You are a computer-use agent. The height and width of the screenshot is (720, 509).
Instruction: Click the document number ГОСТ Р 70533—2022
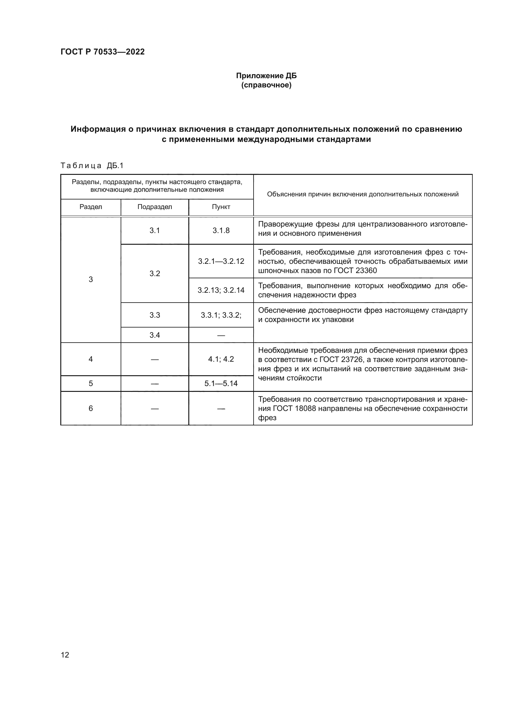pyautogui.click(x=102, y=52)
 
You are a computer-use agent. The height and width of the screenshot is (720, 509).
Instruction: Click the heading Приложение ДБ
pyautogui.click(x=266, y=76)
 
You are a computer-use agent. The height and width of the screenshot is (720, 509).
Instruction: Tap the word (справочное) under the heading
pyautogui.click(x=266, y=85)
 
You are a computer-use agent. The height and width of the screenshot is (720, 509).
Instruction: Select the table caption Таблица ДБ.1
pyautogui.click(x=92, y=166)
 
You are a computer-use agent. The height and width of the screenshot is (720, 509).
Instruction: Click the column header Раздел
pyautogui.click(x=90, y=207)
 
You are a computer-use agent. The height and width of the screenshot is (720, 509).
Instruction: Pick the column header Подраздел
pyautogui.click(x=154, y=207)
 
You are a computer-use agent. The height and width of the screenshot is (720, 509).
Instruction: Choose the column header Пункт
pyautogui.click(x=221, y=207)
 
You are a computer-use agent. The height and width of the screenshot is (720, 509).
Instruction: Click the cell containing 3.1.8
pyautogui.click(x=221, y=231)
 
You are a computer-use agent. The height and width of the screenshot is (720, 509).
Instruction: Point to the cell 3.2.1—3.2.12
pyautogui.click(x=221, y=261)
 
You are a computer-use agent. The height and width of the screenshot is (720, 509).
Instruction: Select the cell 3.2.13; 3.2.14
pyautogui.click(x=221, y=290)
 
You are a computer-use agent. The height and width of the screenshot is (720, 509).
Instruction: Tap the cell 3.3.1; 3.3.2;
pyautogui.click(x=221, y=315)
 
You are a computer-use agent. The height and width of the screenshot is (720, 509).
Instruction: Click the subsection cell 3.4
pyautogui.click(x=154, y=335)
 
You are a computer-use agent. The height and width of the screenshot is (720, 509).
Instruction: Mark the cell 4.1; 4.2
pyautogui.click(x=221, y=359)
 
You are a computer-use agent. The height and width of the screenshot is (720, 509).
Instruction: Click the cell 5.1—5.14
pyautogui.click(x=221, y=383)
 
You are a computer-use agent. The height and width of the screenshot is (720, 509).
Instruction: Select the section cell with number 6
pyautogui.click(x=90, y=408)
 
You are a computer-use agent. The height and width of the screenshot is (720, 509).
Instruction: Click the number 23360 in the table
pyautogui.click(x=367, y=270)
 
